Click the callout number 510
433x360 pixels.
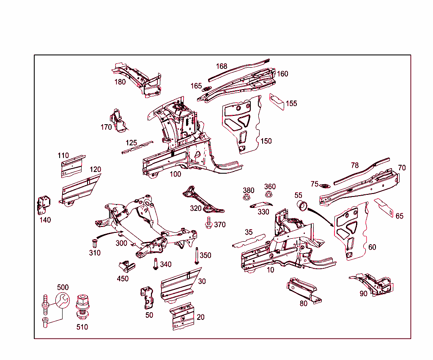[82, 327]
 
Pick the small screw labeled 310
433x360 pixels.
[94, 243]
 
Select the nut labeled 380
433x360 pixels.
[247, 197]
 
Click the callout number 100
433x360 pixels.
[175, 174]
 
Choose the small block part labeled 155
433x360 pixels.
[277, 101]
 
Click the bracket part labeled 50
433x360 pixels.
[147, 297]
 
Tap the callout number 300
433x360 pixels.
[121, 243]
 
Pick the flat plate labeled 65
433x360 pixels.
[383, 207]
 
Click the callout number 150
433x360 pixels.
[266, 141]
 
